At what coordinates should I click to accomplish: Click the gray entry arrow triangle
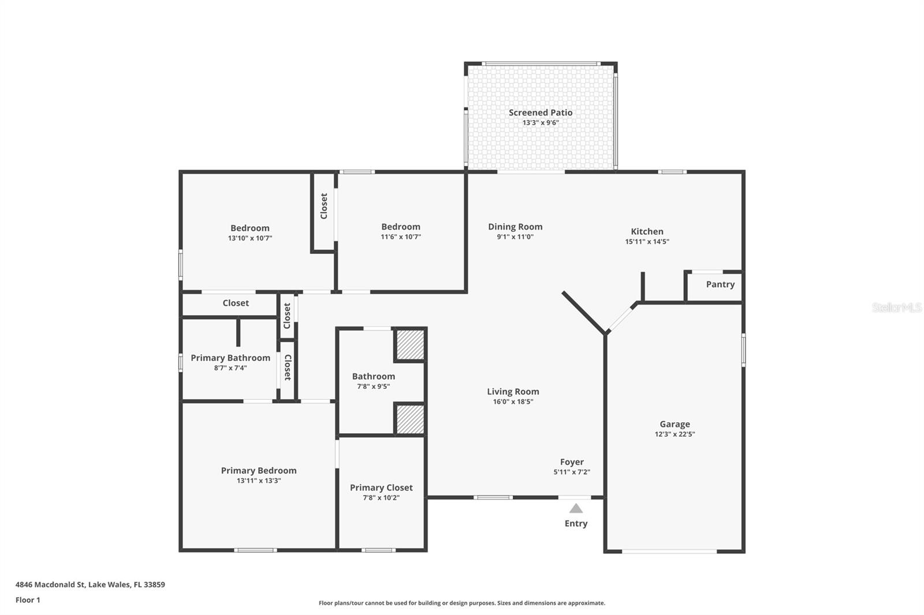(576, 509)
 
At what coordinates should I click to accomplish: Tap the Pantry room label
(720, 284)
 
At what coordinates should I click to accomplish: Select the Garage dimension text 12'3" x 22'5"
(675, 434)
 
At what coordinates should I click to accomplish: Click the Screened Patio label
(541, 112)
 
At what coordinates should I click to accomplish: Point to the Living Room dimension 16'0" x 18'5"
(513, 402)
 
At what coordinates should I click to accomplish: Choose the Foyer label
(572, 462)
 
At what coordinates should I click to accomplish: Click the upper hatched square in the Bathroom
(410, 344)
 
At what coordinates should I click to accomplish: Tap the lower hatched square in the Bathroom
(410, 419)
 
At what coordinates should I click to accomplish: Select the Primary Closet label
(381, 487)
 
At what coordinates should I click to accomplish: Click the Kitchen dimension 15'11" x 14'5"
(647, 242)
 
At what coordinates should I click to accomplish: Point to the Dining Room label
(515, 227)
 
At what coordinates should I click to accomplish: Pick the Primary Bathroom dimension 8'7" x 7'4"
(230, 367)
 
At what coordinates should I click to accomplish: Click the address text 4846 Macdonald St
(50, 584)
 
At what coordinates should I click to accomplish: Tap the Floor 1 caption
(28, 600)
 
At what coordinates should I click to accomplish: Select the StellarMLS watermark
(897, 307)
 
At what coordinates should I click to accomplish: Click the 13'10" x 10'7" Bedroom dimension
(250, 238)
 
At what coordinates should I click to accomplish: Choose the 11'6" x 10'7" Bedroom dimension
(401, 237)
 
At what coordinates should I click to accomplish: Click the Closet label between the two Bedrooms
(324, 206)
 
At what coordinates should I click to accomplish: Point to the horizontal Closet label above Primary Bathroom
(236, 303)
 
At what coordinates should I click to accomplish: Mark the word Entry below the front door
(576, 523)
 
